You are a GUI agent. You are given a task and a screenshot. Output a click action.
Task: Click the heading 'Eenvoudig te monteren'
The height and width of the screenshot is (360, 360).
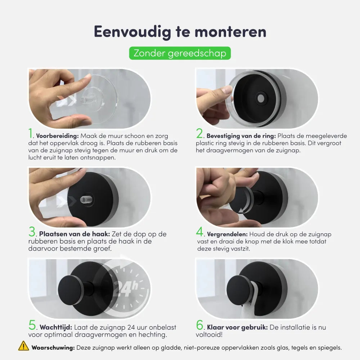point(180,32)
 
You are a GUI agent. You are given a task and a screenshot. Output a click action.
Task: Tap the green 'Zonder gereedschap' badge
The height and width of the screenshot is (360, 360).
point(180,53)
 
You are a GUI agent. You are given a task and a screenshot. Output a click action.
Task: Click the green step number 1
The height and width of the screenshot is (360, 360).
point(31,134)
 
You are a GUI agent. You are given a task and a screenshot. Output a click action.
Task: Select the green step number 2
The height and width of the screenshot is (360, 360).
point(200,134)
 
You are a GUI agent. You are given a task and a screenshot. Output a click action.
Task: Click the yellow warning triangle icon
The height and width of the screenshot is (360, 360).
point(24,346)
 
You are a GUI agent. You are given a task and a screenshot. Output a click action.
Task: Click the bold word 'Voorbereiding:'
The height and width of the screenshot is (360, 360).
point(58,136)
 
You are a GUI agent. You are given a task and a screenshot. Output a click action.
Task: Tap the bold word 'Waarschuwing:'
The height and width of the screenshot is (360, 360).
point(53,348)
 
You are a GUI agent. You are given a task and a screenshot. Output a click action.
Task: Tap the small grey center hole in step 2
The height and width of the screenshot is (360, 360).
point(260,98)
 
